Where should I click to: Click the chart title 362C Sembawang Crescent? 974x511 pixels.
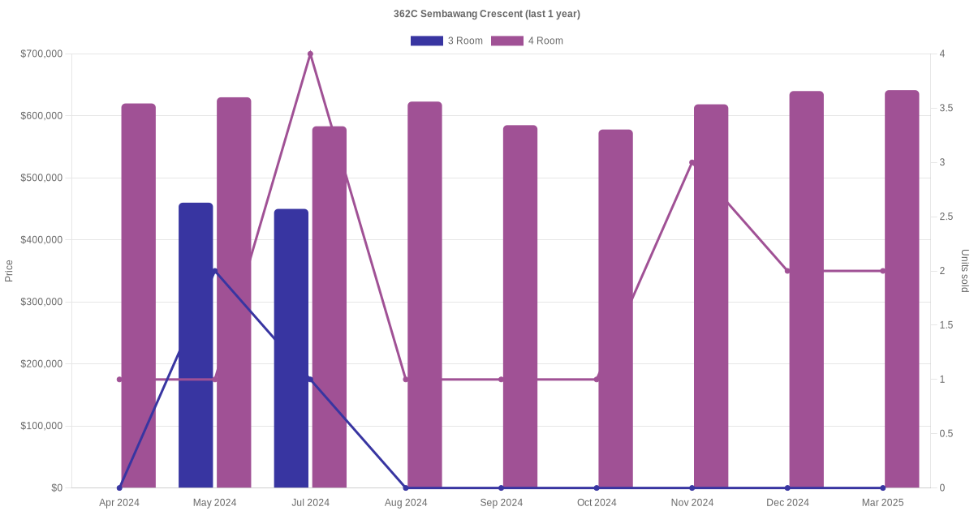[486, 14]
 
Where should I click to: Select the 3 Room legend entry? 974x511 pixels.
[446, 41]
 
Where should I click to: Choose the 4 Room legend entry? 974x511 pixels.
[527, 41]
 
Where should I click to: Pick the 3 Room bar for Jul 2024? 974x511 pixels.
[291, 348]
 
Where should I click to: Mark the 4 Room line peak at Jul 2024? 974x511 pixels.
[310, 54]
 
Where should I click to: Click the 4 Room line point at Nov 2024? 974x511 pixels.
[692, 162]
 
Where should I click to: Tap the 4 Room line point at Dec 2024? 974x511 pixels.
[787, 271]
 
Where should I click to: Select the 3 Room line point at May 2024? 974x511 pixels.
[215, 271]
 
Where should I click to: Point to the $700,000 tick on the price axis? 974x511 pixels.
[41, 54]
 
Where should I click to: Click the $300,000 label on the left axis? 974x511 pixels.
[41, 302]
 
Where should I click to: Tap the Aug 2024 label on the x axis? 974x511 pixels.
[406, 503]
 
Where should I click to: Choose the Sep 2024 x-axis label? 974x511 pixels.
[501, 503]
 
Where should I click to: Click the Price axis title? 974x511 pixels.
[9, 271]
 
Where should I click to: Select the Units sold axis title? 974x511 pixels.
[965, 271]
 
